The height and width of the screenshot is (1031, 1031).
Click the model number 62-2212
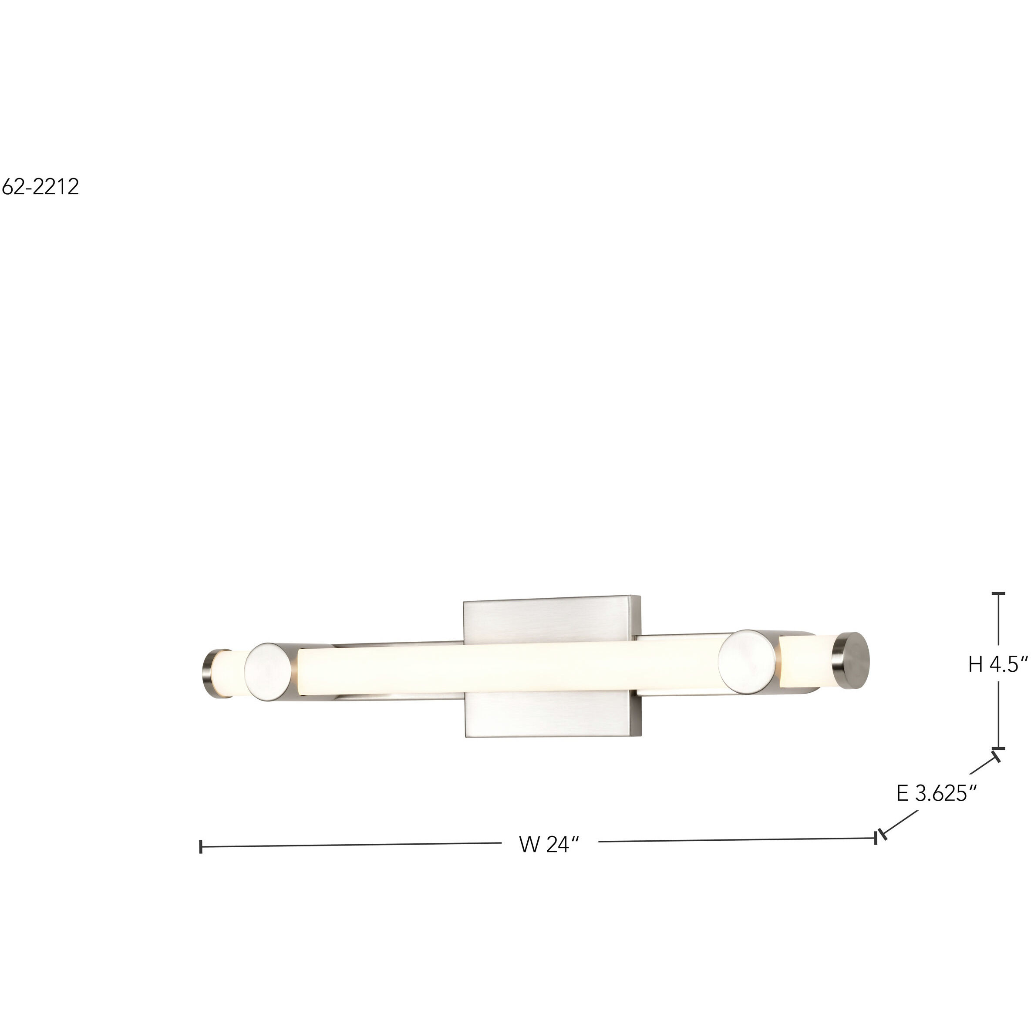40,187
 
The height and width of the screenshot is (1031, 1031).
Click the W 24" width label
549,845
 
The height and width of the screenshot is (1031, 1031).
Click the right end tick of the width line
876,838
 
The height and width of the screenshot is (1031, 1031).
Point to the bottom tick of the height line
998,748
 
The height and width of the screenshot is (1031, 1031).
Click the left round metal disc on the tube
268,672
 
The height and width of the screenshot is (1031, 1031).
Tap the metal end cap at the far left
209,674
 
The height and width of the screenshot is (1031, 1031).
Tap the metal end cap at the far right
852,660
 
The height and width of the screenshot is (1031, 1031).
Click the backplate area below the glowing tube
553,715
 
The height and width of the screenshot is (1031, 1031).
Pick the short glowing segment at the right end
806,661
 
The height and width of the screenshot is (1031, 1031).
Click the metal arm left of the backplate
395,645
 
